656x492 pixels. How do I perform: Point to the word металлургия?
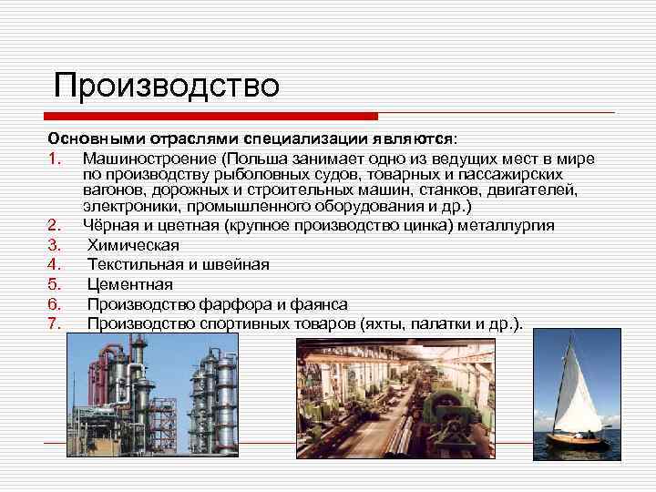[x=504, y=226]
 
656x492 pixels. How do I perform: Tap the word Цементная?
[x=129, y=284]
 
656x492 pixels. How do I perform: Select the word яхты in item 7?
[x=387, y=323]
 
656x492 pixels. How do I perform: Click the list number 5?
[x=53, y=284]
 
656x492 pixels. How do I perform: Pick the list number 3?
[x=53, y=245]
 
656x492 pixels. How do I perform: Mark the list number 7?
[x=53, y=323]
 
